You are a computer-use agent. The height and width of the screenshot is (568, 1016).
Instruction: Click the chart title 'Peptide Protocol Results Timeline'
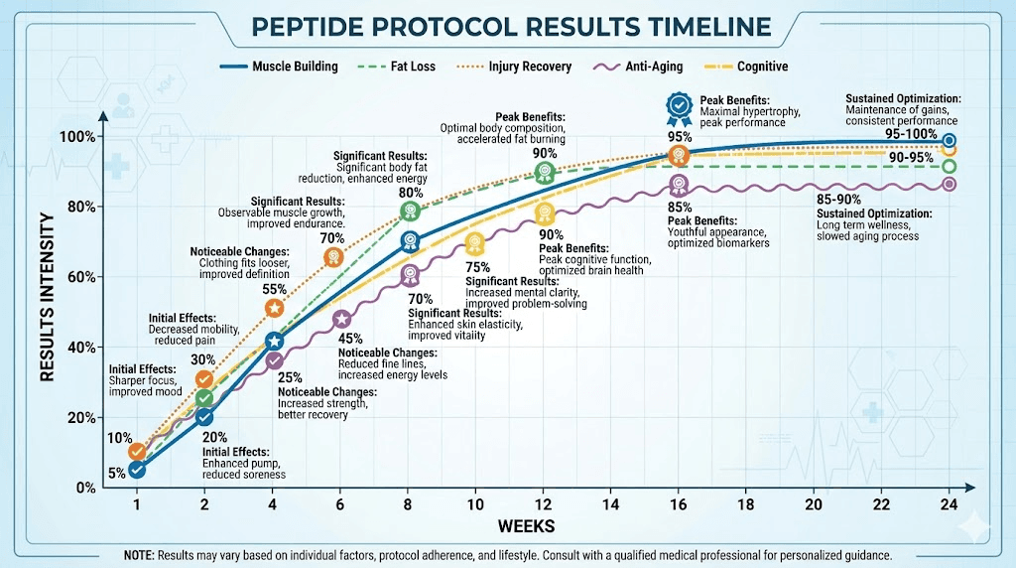click(508, 26)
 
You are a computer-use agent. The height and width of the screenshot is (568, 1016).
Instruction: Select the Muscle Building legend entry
click(281, 67)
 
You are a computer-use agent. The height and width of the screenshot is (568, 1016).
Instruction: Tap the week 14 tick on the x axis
click(610, 503)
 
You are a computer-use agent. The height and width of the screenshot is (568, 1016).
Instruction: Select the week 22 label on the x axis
click(881, 503)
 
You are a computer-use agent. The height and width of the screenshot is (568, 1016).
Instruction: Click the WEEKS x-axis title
click(527, 525)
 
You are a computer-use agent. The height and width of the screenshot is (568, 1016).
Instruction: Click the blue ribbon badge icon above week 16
click(679, 105)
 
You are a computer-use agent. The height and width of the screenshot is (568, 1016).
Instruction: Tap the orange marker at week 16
click(679, 155)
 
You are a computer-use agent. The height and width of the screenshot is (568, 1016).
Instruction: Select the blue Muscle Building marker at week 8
click(409, 241)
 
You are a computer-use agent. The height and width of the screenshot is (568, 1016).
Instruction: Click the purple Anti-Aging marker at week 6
click(341, 319)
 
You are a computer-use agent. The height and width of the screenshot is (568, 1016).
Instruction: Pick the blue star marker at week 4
click(275, 342)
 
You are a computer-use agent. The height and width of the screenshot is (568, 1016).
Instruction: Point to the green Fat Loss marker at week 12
click(544, 172)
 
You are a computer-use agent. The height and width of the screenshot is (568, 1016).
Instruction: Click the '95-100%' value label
click(910, 132)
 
